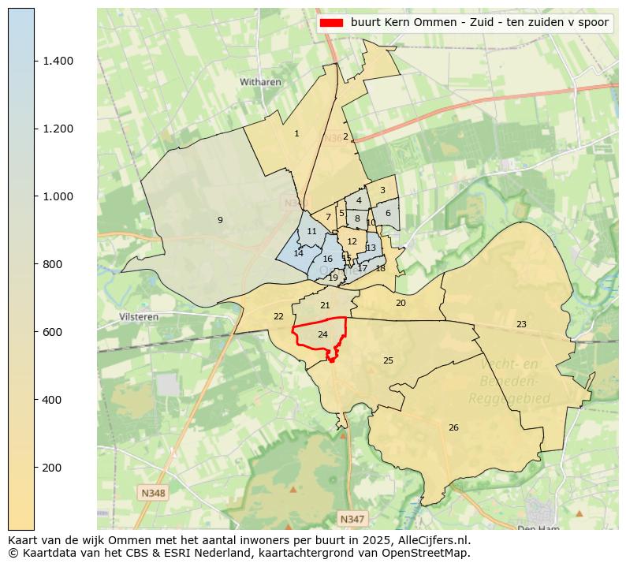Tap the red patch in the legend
click(331, 23)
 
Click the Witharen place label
click(261, 81)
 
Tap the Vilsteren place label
click(139, 316)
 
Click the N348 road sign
click(154, 493)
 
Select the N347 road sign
click(352, 518)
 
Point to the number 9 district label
click(220, 220)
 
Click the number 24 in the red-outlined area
click(322, 335)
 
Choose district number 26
click(453, 427)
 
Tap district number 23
click(521, 324)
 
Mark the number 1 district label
click(296, 133)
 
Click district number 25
click(388, 360)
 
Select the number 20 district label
click(401, 303)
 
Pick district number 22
click(278, 316)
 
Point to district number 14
click(298, 253)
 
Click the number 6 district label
click(388, 213)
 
